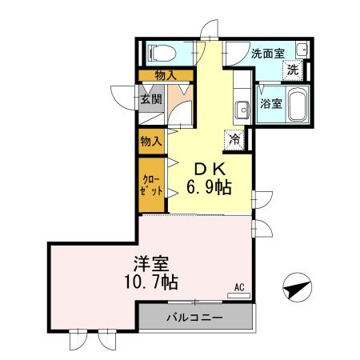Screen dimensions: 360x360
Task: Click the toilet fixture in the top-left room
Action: (x=163, y=54)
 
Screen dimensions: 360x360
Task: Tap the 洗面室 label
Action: (x=267, y=54)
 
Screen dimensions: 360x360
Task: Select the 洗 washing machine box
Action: (x=294, y=70)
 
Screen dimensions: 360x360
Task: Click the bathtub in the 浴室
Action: (x=297, y=104)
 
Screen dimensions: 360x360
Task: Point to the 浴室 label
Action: (x=270, y=104)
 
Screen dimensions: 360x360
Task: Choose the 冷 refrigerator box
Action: (x=235, y=138)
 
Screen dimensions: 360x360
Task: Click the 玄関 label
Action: (x=151, y=100)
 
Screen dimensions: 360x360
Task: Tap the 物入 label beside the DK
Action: (x=151, y=141)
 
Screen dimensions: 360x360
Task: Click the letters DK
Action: (x=210, y=170)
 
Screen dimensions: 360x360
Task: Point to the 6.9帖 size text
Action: (x=210, y=189)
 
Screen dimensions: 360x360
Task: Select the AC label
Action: (x=239, y=286)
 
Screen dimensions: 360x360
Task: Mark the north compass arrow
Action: (x=297, y=287)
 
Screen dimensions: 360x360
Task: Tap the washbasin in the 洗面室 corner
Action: (x=302, y=50)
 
